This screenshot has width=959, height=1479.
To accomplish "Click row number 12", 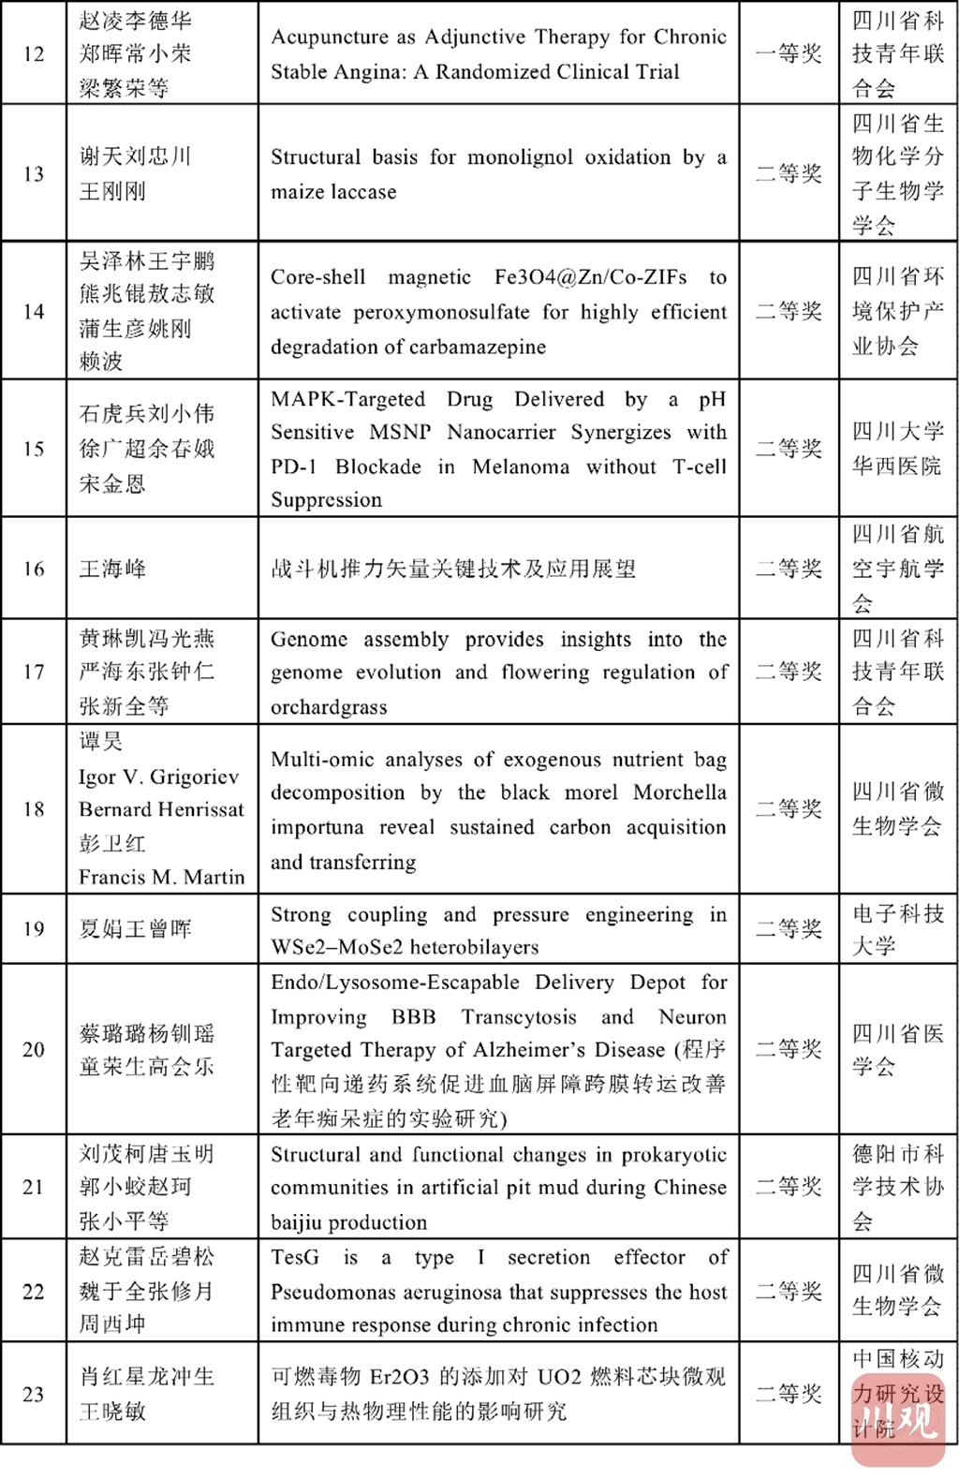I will click(34, 53).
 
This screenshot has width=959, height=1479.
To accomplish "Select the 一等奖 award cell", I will click(789, 53).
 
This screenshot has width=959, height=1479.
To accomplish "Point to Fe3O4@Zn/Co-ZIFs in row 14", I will click(590, 277).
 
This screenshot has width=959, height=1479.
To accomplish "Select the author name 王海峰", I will click(112, 569).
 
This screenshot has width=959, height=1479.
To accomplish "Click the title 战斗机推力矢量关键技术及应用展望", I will click(453, 569).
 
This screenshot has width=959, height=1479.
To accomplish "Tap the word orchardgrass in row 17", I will click(329, 707).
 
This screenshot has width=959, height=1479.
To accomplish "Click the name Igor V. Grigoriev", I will click(158, 776).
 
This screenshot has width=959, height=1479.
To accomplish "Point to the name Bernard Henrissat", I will click(161, 809).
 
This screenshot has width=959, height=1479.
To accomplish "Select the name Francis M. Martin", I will click(161, 878).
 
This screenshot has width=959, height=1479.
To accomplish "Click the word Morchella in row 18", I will click(679, 792).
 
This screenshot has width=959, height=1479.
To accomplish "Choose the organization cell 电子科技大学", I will click(897, 929).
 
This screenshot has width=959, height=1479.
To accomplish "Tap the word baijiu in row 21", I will click(298, 1222).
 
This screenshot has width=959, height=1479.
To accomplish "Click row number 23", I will click(34, 1394).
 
